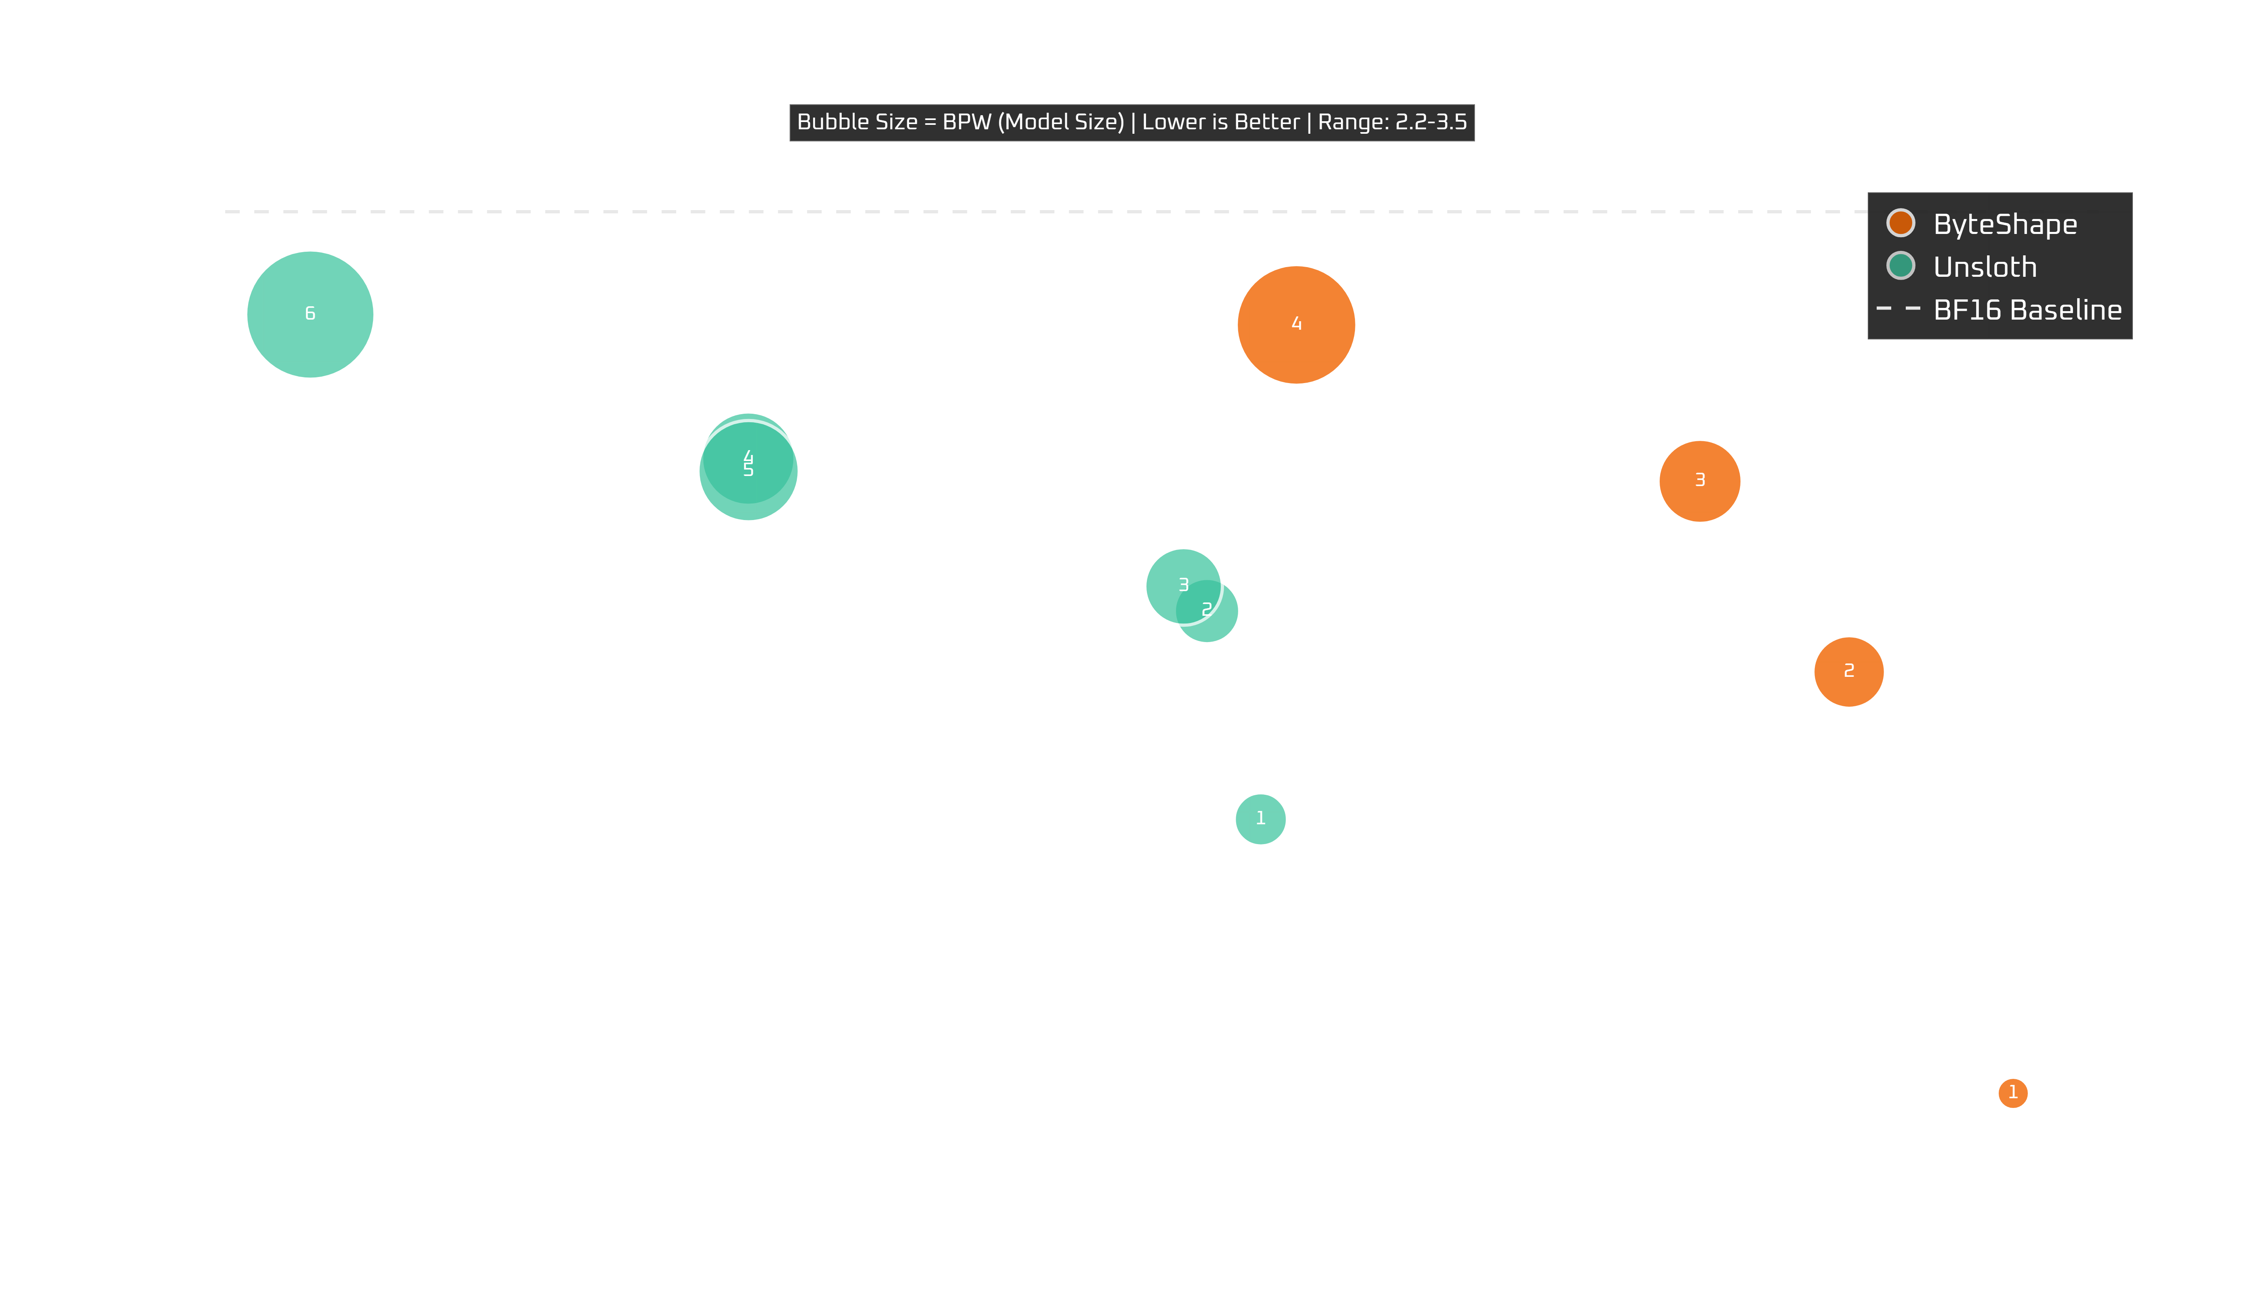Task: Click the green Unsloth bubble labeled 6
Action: (x=310, y=314)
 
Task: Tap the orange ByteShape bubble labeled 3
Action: (x=1699, y=480)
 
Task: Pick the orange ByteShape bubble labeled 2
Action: (x=1848, y=672)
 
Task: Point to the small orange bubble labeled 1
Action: (x=2012, y=1092)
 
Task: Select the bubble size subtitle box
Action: (x=1131, y=122)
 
